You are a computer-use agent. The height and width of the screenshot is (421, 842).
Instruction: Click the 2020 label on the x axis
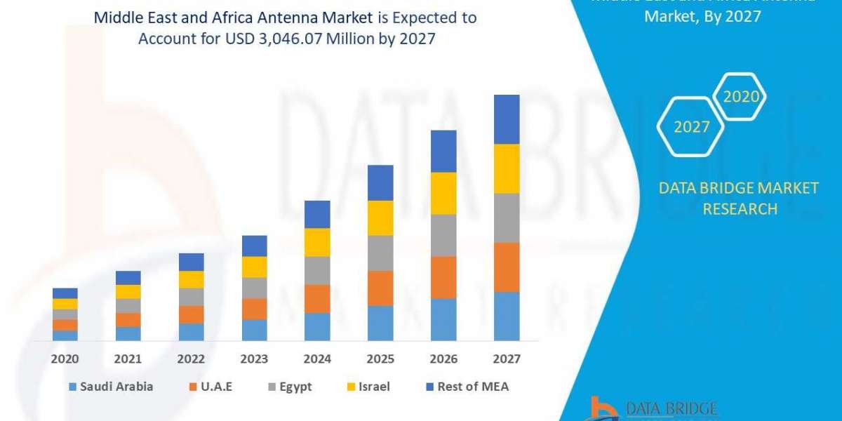(65, 359)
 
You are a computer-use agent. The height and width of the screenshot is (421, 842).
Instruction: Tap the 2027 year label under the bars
(507, 359)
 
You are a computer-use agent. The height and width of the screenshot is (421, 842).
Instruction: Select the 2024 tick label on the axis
(317, 359)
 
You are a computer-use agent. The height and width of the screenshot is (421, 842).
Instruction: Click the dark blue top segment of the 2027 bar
(507, 119)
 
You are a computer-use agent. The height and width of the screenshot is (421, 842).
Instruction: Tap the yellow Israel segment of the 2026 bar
(443, 193)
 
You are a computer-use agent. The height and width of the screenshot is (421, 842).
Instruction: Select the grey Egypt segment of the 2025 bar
(380, 253)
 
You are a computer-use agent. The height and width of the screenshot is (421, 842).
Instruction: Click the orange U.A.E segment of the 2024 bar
(317, 298)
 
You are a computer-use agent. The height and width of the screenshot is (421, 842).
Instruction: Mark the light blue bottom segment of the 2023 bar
(254, 330)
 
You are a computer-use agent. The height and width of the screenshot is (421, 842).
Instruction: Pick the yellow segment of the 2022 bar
(191, 279)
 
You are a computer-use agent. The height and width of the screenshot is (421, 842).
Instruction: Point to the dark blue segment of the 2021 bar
(128, 277)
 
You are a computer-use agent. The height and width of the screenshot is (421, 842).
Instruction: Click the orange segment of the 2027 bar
(507, 267)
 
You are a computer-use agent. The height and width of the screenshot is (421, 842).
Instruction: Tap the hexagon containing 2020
(740, 97)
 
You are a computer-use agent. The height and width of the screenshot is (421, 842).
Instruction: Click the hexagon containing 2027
(691, 126)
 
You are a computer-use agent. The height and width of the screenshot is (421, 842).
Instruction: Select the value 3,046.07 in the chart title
(290, 39)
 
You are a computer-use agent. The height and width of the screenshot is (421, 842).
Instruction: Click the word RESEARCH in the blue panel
(740, 208)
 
